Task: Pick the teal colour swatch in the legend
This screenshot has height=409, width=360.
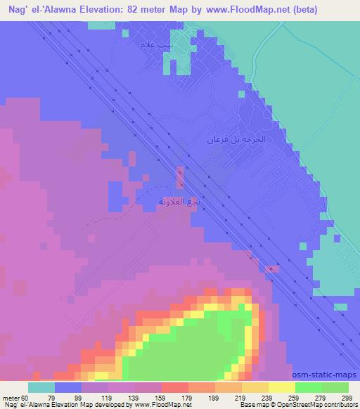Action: pyautogui.click(x=41, y=387)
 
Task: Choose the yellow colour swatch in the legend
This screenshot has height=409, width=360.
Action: pyautogui.click(x=282, y=387)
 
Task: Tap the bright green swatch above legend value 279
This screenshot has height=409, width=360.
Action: pyautogui.click(x=309, y=387)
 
